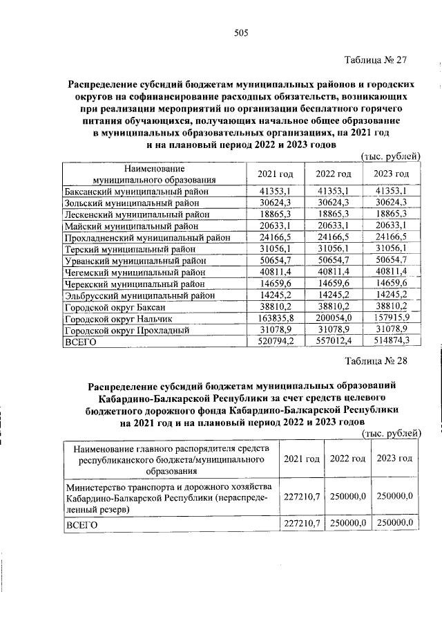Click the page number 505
coord(241,33)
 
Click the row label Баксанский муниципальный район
coord(135,191)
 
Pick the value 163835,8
coord(276,319)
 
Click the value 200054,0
coord(334,319)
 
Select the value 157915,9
coord(391,319)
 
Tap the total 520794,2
coord(276,342)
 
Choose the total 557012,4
coord(334,342)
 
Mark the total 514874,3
coord(391,342)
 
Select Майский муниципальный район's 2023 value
coord(391,225)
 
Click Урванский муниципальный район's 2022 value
coord(334,260)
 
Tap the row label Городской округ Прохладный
coord(126,331)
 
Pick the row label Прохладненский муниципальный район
coord(146,237)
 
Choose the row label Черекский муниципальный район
coord(135,284)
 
